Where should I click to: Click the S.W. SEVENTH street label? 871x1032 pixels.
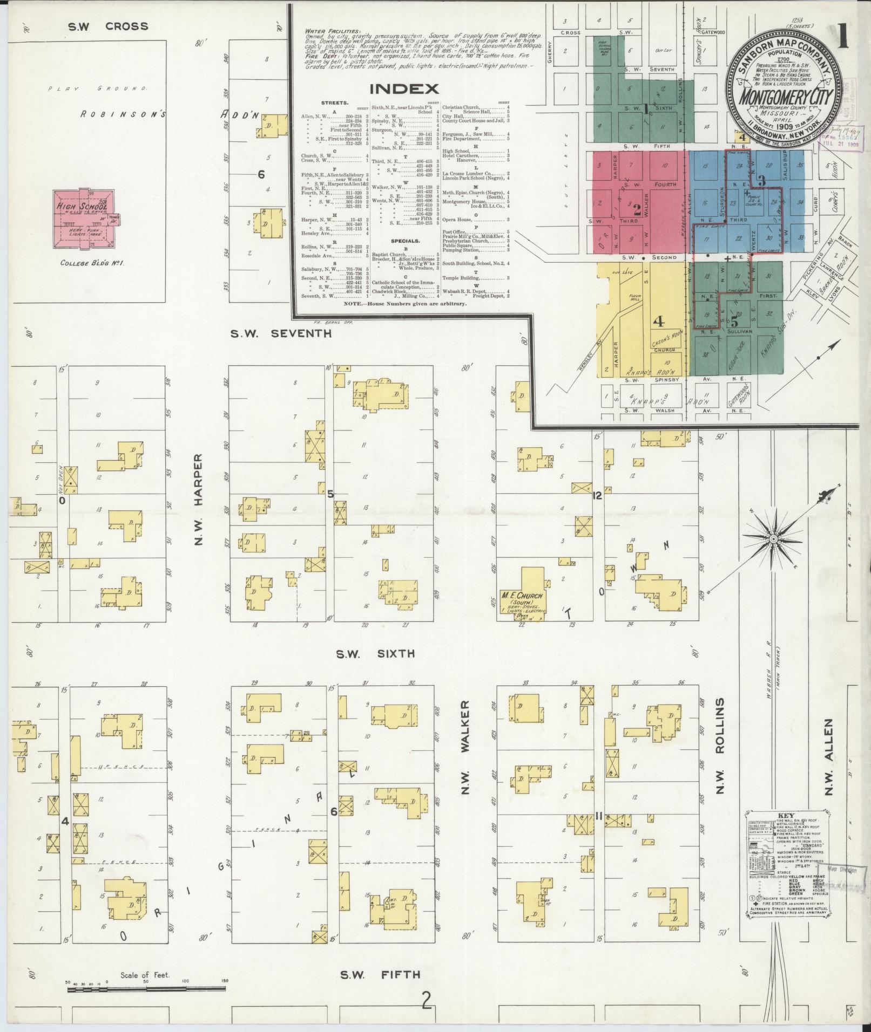pyautogui.click(x=281, y=333)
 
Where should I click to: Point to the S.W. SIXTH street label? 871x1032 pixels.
pyautogui.click(x=375, y=654)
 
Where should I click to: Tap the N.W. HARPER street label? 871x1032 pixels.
pyautogui.click(x=198, y=499)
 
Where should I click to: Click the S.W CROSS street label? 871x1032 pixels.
pyautogui.click(x=108, y=26)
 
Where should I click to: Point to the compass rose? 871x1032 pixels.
pyautogui.click(x=773, y=539)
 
